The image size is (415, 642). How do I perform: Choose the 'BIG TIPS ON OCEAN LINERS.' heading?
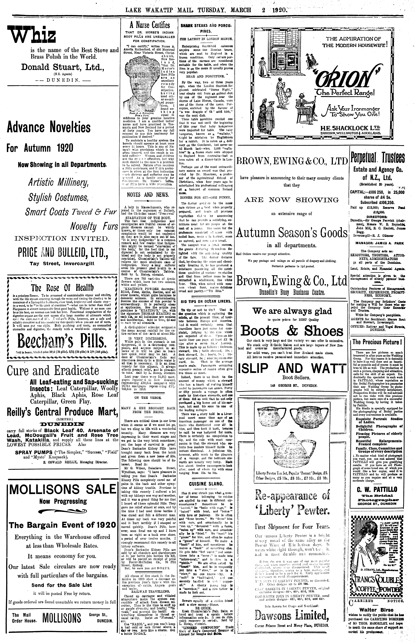pos(206,301)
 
